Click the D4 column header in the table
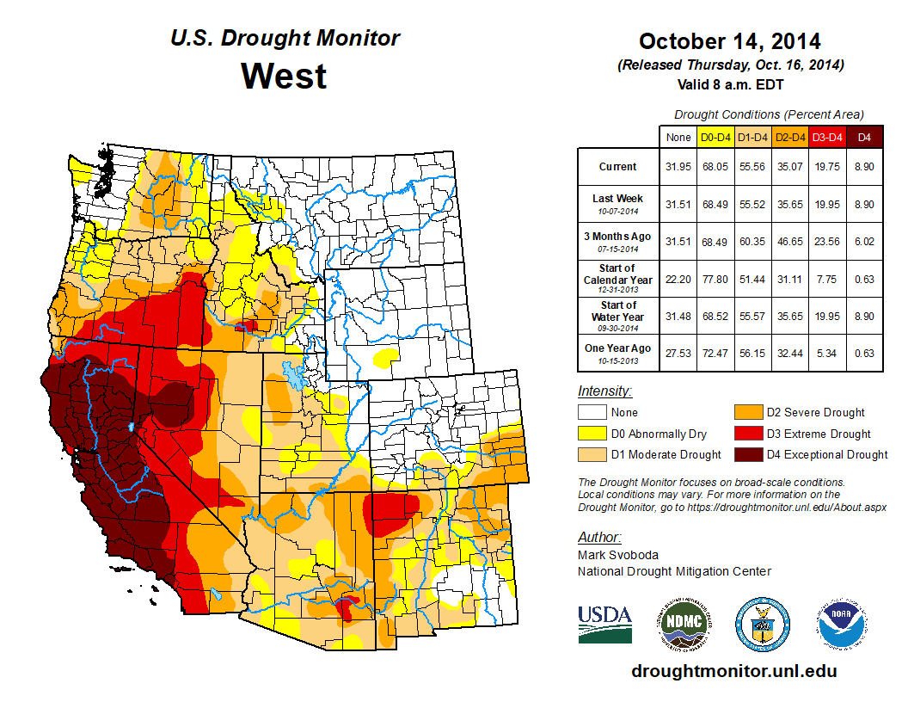pos(864,137)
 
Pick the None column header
pos(678,137)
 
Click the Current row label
pos(618,167)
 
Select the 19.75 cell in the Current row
pos(826,167)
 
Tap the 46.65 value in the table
pos(789,241)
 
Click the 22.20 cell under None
pos(678,279)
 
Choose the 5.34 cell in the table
pos(826,353)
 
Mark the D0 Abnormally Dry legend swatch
pos(591,434)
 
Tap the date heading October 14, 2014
pos(729,41)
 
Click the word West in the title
pos(284,76)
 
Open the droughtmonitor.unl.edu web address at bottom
pos(733,671)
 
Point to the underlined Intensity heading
pos(604,391)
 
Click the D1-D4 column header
pos(752,137)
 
